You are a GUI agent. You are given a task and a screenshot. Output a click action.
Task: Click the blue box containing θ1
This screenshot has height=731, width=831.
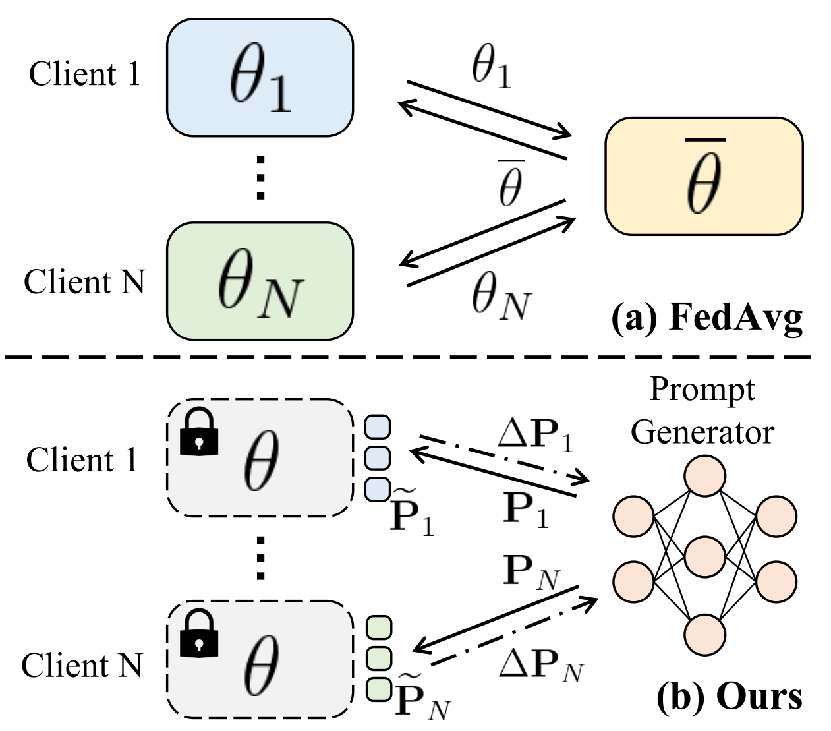coord(260,78)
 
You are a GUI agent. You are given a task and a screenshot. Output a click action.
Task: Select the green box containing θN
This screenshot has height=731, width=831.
coord(260,281)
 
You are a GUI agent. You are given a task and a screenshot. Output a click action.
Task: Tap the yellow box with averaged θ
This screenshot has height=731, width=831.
coord(704,176)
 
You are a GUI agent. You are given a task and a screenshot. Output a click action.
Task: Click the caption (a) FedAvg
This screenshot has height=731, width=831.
coord(706,318)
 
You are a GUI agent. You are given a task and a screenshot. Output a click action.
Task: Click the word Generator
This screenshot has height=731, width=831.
coord(702,432)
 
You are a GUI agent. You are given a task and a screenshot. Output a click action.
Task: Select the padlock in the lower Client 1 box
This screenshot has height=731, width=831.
coord(199,432)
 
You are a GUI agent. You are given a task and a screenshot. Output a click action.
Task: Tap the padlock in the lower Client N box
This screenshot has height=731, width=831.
coord(199,634)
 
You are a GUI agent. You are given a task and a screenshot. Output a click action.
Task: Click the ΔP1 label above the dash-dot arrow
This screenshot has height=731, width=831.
coord(535,435)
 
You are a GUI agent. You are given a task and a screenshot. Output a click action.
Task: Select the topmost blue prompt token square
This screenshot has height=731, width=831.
coord(378,426)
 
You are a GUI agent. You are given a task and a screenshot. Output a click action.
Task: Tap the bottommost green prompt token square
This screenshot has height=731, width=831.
coord(378,689)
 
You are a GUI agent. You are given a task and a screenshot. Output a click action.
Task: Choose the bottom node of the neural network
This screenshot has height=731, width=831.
coord(704,634)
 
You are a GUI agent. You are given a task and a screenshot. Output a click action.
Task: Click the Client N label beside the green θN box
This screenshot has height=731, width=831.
coord(84,282)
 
